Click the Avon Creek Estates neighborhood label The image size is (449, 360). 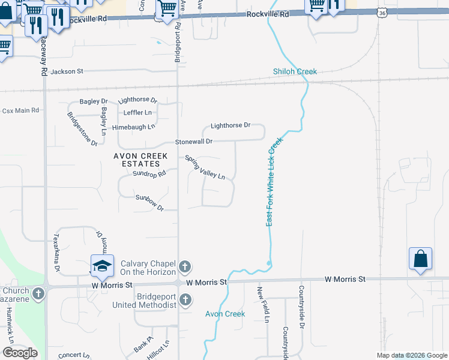point(140,160)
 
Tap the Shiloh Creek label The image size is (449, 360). point(295,72)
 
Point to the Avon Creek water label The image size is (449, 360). point(225,314)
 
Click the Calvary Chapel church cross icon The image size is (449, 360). point(185,266)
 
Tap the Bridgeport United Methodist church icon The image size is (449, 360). point(185,299)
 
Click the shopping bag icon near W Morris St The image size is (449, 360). point(421,259)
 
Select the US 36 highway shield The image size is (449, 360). point(383,12)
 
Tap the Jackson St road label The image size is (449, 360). point(67,72)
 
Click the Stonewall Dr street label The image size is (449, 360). point(194,142)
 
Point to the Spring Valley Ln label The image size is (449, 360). point(205,168)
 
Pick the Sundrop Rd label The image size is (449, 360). point(149,175)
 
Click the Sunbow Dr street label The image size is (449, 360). point(149,202)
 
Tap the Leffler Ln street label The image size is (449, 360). point(137,113)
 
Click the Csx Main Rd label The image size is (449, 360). point(20,111)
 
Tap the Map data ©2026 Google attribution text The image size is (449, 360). point(412,355)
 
